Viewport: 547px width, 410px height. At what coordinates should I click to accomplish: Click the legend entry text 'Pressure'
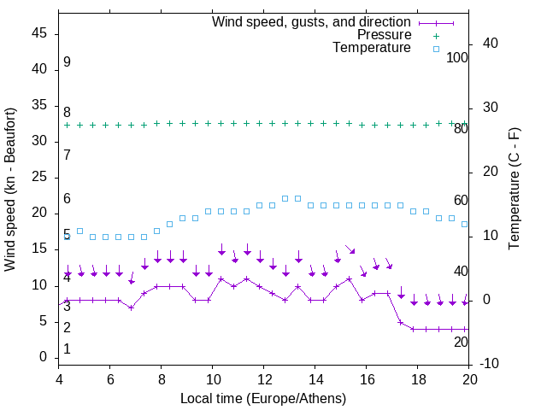click(384, 35)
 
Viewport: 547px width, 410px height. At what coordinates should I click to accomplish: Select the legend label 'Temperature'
click(372, 48)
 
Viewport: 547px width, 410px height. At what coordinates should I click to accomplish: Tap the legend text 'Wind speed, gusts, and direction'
click(311, 21)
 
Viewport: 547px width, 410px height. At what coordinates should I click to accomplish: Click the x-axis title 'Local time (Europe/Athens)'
click(264, 399)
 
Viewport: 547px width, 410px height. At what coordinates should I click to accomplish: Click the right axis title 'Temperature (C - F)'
click(514, 190)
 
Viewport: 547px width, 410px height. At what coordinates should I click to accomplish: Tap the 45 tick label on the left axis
click(40, 34)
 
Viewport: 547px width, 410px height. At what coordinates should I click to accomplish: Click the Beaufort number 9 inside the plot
click(67, 62)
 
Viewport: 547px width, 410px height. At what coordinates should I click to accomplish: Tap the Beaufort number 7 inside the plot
click(67, 155)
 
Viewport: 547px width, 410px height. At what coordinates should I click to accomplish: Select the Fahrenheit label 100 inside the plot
click(458, 57)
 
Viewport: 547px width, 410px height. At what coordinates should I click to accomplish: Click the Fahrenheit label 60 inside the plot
click(461, 201)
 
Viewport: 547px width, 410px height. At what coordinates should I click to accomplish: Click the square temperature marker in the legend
click(435, 49)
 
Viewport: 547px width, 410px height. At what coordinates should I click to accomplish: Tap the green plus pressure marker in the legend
click(435, 36)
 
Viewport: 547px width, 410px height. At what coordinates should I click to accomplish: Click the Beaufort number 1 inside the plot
click(67, 349)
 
